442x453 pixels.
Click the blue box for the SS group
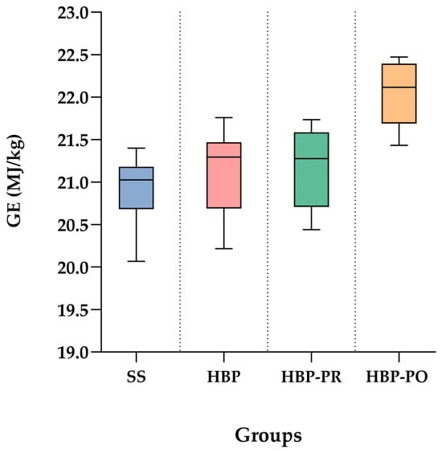[136, 188]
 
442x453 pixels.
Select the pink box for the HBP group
[223, 175]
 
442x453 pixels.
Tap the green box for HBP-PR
[311, 169]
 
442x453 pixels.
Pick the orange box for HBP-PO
[399, 94]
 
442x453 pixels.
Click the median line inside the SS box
[136, 180]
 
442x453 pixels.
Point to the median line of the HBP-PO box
[399, 87]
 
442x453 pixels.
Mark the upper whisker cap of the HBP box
[223, 117]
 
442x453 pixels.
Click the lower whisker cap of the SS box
[136, 261]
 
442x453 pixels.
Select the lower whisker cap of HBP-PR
[311, 230]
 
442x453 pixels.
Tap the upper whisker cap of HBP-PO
[399, 57]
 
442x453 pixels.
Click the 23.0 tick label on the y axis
[72, 14]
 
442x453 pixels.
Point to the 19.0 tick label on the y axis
[72, 353]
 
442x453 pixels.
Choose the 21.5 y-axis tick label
[72, 141]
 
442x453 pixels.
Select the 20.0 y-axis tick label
[72, 268]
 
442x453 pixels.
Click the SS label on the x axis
[136, 377]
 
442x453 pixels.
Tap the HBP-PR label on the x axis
[311, 377]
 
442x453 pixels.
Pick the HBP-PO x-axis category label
[397, 377]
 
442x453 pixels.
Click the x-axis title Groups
[268, 435]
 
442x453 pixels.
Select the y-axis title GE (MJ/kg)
[14, 181]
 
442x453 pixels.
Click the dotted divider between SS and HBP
[180, 182]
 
